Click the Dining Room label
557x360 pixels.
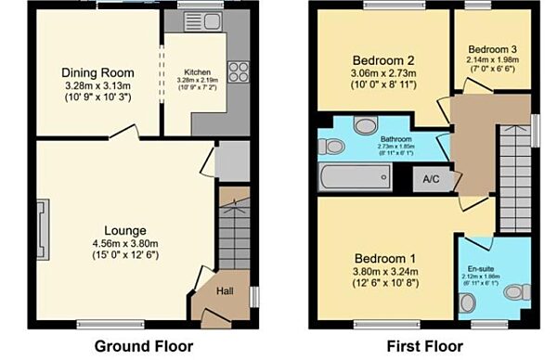(x=97, y=72)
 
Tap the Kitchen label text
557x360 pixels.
(x=197, y=71)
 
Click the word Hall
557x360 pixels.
(x=226, y=292)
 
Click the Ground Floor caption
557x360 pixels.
(x=144, y=346)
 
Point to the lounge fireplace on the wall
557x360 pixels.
(x=42, y=223)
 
